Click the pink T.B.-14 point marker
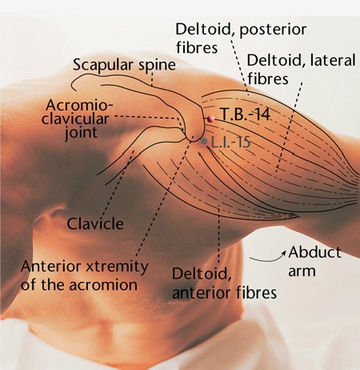210,119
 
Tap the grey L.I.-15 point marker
204,141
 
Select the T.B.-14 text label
245,115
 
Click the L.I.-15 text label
230,142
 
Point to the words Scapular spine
124,65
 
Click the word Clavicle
95,223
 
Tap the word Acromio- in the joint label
79,105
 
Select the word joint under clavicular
82,132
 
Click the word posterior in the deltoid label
273,30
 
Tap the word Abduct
314,251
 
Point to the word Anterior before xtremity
51,266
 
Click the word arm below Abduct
302,271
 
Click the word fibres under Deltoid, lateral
268,78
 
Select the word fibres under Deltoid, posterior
197,48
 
